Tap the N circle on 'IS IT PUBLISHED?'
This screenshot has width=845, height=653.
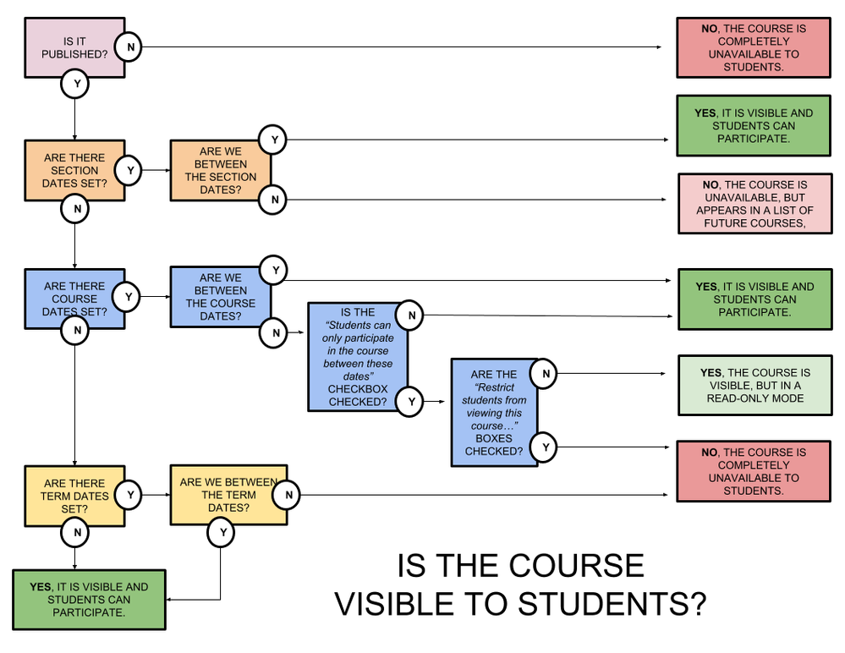(x=129, y=47)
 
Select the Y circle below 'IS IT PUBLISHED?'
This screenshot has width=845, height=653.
(x=74, y=83)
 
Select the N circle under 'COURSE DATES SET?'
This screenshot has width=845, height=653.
(x=75, y=331)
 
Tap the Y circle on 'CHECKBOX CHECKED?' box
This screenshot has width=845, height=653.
(x=409, y=402)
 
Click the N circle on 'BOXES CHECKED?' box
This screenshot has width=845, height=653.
(x=546, y=374)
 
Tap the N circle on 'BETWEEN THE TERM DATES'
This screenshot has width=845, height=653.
(x=288, y=495)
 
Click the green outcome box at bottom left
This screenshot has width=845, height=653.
(x=89, y=600)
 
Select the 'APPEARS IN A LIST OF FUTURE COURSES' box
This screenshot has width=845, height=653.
(x=754, y=204)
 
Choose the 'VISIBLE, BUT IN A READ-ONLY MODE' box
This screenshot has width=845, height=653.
(x=754, y=386)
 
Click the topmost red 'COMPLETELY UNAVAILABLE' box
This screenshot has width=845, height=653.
(x=753, y=47)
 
